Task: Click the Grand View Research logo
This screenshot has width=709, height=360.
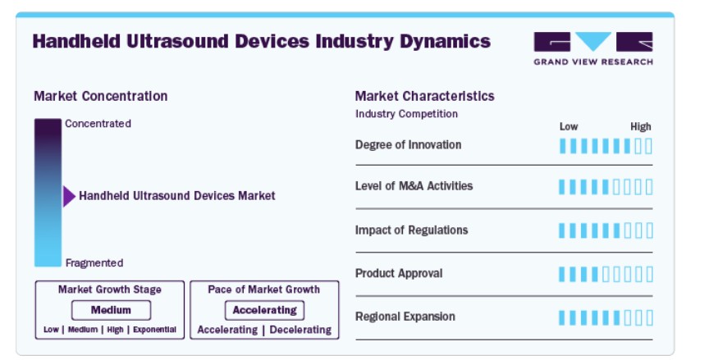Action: click(x=593, y=48)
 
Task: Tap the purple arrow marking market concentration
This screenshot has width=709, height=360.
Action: click(x=69, y=197)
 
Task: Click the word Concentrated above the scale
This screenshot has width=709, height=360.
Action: click(x=98, y=123)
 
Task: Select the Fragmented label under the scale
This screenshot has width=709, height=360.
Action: click(x=94, y=263)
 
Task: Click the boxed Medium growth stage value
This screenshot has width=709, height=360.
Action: click(x=111, y=310)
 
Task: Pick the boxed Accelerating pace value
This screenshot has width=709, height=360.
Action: click(x=264, y=310)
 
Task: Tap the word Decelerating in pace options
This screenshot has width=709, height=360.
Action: click(x=300, y=330)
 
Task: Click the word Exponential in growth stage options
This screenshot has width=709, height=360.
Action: click(x=154, y=330)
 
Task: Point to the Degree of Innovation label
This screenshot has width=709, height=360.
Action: click(x=409, y=145)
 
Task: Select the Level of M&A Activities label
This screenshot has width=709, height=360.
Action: click(x=414, y=186)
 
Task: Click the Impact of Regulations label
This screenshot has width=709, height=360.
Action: click(x=411, y=230)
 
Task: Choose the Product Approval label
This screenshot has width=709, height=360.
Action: click(x=399, y=273)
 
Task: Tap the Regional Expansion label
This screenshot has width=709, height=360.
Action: click(x=405, y=317)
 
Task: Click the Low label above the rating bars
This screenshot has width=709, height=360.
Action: click(x=569, y=126)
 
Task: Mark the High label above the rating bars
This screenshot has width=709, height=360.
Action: click(x=641, y=126)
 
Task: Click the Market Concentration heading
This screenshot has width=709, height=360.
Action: click(x=101, y=96)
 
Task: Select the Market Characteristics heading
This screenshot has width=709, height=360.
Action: click(x=424, y=96)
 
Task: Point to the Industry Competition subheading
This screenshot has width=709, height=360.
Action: click(x=406, y=114)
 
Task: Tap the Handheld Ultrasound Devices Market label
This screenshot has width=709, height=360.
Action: click(x=176, y=196)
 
